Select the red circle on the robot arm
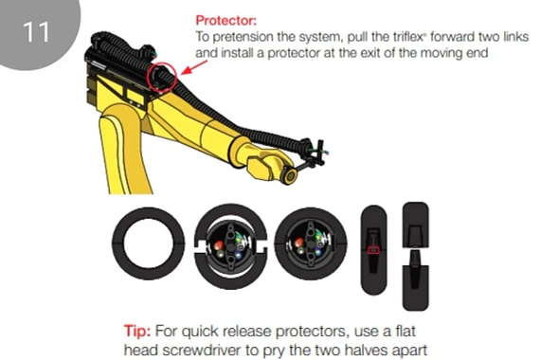click(x=162, y=76)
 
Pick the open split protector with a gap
click(x=226, y=246)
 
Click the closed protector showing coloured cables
click(x=309, y=245)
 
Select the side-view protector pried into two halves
click(x=415, y=245)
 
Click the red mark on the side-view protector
click(x=373, y=249)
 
